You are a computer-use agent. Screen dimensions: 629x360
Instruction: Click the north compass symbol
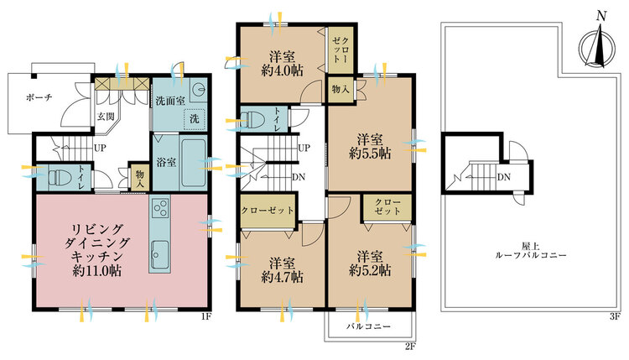(598, 46)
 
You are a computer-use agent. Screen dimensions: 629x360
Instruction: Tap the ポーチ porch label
(39, 97)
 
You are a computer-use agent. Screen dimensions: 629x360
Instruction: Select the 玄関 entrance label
(106, 117)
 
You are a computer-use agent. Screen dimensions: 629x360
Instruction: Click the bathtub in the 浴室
(193, 162)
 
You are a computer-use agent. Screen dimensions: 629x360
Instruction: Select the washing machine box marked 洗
(195, 119)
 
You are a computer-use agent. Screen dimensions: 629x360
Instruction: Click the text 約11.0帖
(97, 270)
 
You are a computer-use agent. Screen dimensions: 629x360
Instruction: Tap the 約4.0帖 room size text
(282, 70)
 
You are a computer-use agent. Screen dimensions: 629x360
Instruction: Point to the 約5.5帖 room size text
(370, 154)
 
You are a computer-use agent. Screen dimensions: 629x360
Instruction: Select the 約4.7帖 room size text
(282, 277)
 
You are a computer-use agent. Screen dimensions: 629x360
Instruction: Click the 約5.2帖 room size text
(370, 270)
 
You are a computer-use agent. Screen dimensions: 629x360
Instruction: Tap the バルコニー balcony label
(368, 326)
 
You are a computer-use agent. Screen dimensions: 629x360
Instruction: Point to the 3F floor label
(615, 316)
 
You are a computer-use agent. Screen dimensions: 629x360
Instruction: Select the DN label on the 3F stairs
(504, 176)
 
